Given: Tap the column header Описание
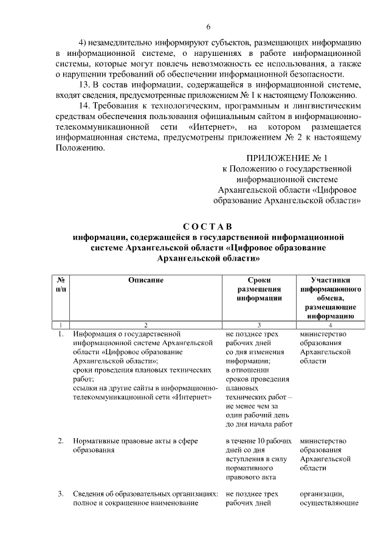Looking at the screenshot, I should tap(146, 280).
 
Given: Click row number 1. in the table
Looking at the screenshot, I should tap(61, 334).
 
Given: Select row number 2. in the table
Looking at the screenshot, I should tap(61, 441).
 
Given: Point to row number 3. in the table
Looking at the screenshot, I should tap(61, 493).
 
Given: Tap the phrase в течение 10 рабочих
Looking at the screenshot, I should tap(258, 441).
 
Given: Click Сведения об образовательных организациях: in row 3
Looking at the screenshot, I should tap(145, 493).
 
